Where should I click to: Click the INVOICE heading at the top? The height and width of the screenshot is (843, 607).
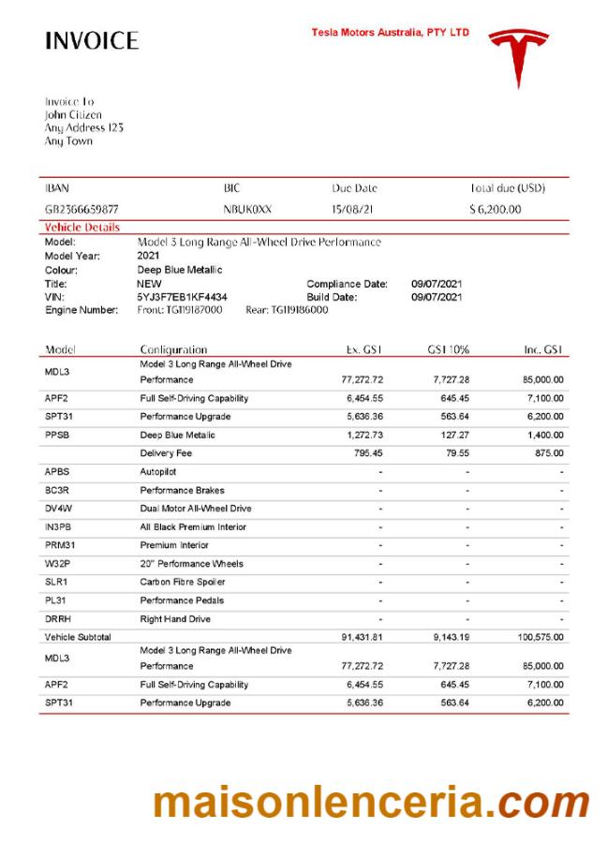(x=92, y=41)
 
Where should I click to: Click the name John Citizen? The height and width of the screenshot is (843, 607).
(x=73, y=114)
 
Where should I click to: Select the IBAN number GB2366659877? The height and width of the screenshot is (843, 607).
(x=81, y=209)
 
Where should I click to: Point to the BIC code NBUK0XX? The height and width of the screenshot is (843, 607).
(x=247, y=209)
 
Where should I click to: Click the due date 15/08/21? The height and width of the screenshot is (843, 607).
(x=353, y=209)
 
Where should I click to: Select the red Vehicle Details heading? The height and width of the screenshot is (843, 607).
(x=82, y=227)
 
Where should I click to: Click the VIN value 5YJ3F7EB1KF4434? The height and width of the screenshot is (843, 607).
(x=182, y=297)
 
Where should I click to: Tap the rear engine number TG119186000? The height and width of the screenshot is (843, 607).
(x=299, y=309)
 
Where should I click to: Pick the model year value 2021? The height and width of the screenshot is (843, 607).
(x=148, y=256)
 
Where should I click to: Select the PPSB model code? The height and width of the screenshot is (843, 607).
(x=57, y=435)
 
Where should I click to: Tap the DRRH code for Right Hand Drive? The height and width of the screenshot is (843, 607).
(x=57, y=618)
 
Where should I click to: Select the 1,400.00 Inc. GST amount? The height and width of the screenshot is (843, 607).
(x=543, y=435)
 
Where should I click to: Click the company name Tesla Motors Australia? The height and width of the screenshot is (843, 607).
(x=390, y=33)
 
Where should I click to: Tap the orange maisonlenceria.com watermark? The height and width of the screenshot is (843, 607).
(x=371, y=803)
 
